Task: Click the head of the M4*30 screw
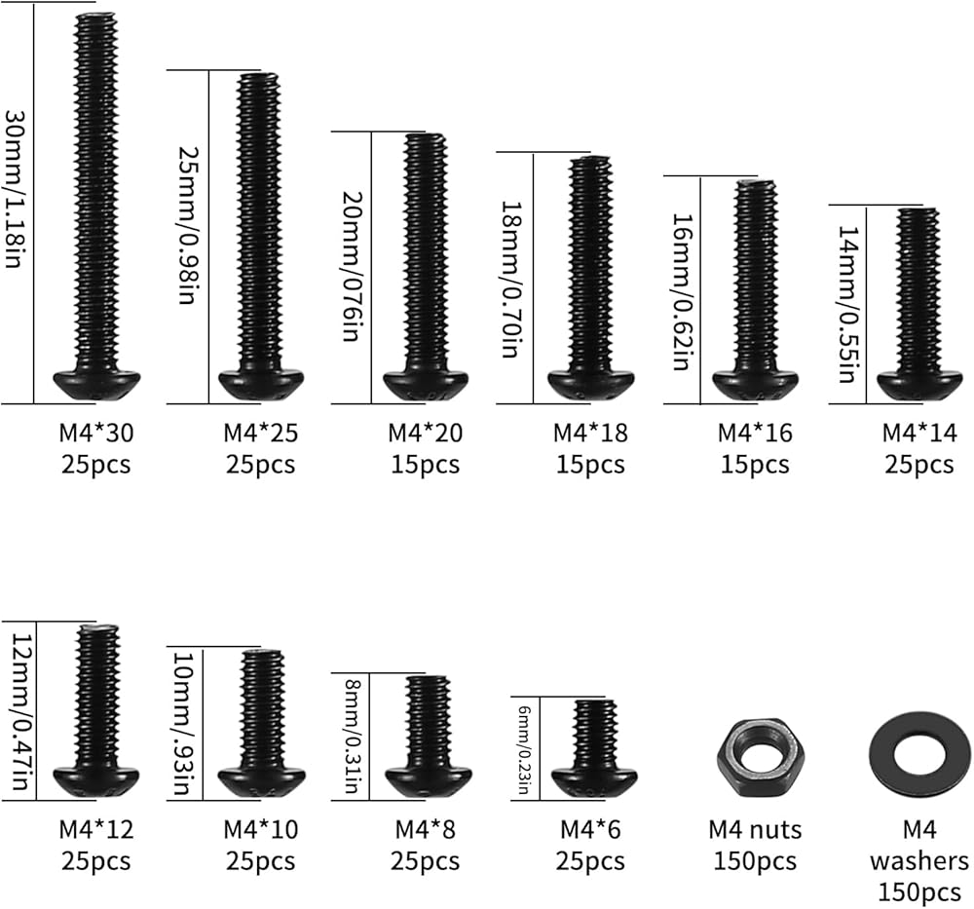[x=95, y=382]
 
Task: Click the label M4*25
[x=260, y=432]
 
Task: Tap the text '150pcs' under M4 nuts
[x=755, y=861]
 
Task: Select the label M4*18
[x=590, y=432]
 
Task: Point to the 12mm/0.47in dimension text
[x=19, y=710]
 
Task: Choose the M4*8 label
[x=426, y=830]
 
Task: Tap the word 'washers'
[x=919, y=861]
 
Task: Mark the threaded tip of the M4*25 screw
[x=260, y=83]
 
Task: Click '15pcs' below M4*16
[x=755, y=464]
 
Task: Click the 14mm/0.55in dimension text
[x=845, y=302]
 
